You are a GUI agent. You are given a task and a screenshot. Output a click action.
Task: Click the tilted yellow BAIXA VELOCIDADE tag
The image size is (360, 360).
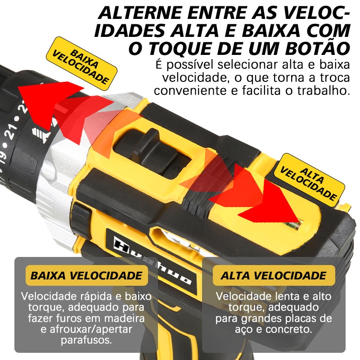pyautogui.click(x=81, y=61)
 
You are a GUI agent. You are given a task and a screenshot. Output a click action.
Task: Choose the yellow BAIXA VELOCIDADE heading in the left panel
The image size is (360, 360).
pyautogui.click(x=86, y=275)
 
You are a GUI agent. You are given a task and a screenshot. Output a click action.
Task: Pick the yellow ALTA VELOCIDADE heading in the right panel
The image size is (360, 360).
pyautogui.click(x=274, y=275)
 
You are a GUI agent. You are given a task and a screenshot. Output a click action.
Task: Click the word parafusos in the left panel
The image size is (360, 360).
pyautogui.click(x=86, y=340)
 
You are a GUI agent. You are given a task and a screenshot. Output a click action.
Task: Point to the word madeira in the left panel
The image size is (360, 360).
pyautogui.click(x=125, y=318)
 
